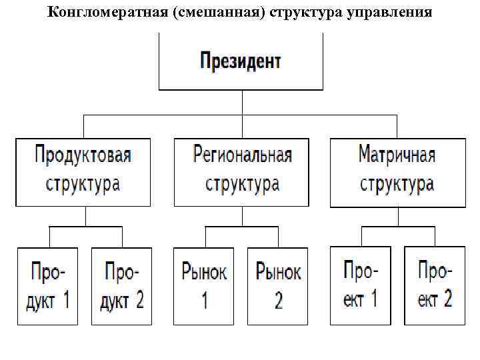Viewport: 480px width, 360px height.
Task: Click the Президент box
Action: coord(241,62)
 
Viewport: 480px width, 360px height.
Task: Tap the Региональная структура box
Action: coord(241,171)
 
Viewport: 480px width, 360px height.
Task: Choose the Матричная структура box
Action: coord(397,171)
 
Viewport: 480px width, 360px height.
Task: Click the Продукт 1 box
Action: coord(47,286)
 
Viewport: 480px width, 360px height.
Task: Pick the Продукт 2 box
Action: coord(121,286)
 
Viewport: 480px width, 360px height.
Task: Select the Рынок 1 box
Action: coord(204,286)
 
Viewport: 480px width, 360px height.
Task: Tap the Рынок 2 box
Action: coord(278,286)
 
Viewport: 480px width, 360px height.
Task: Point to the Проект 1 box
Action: coord(361,285)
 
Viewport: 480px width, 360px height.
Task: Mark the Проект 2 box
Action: coord(435,285)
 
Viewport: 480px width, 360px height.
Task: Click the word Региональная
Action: coord(242,156)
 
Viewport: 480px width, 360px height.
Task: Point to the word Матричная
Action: coord(397,156)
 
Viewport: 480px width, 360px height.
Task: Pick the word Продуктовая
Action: coord(83,156)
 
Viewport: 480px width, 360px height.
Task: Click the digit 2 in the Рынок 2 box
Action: coord(278,300)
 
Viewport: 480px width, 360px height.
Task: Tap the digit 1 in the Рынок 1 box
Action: coord(204,300)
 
